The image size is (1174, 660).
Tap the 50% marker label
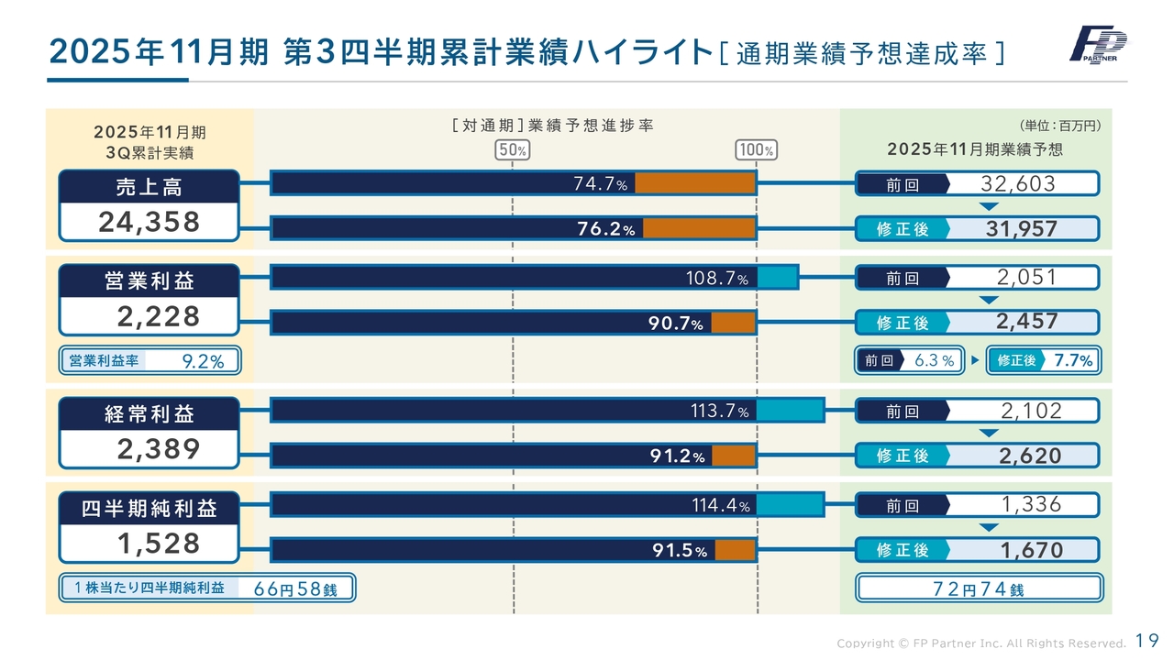[512, 150]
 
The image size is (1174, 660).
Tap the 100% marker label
[757, 150]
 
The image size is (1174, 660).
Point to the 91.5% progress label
[680, 551]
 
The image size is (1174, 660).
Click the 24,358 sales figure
[150, 223]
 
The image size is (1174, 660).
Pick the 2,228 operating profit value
[158, 316]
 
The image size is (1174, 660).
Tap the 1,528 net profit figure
[158, 544]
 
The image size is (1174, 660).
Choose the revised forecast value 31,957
[1021, 229]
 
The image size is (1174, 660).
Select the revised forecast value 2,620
[1029, 456]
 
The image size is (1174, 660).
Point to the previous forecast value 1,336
[1030, 503]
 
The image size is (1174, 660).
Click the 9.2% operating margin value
[204, 362]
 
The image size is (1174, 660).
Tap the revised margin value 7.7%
[1073, 361]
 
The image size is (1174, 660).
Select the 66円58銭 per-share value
[295, 589]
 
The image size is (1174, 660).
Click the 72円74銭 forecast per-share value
[978, 589]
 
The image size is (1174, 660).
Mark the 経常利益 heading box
[150, 414]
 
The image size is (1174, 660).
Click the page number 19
[1146, 641]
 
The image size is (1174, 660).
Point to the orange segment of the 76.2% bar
[699, 229]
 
